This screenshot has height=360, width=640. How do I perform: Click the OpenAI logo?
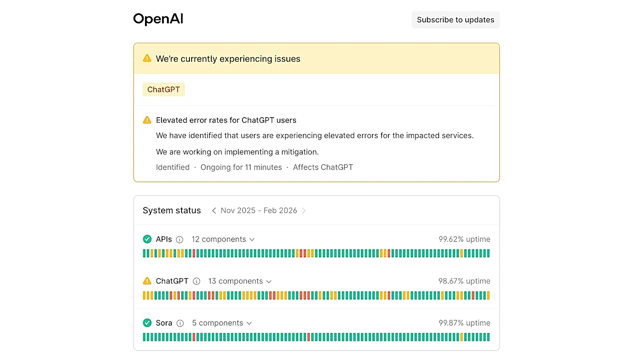(158, 19)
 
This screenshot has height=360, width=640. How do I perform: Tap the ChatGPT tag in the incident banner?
(164, 90)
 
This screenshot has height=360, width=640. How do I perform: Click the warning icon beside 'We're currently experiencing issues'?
(147, 58)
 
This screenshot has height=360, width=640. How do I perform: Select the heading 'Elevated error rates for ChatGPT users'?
(226, 120)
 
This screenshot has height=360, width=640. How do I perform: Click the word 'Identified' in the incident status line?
(172, 167)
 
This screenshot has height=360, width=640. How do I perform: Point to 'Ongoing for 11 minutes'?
(241, 167)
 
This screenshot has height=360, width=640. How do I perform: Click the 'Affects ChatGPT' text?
(323, 167)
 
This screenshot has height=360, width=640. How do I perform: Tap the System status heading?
(172, 210)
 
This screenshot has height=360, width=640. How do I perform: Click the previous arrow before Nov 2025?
(214, 210)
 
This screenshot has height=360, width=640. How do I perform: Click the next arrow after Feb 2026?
(304, 210)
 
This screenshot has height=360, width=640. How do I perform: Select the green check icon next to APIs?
(147, 239)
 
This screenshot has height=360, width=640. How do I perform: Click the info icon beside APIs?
(179, 239)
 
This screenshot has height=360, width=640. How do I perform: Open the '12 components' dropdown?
(223, 239)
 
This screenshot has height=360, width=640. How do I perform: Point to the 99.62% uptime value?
(464, 239)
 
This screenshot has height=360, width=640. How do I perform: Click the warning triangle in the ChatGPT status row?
(147, 280)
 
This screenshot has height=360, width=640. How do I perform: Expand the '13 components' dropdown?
(240, 281)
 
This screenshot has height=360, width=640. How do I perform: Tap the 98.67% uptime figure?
(464, 281)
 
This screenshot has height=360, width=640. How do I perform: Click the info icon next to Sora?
(180, 323)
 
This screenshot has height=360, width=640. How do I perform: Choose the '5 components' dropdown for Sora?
(222, 323)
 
